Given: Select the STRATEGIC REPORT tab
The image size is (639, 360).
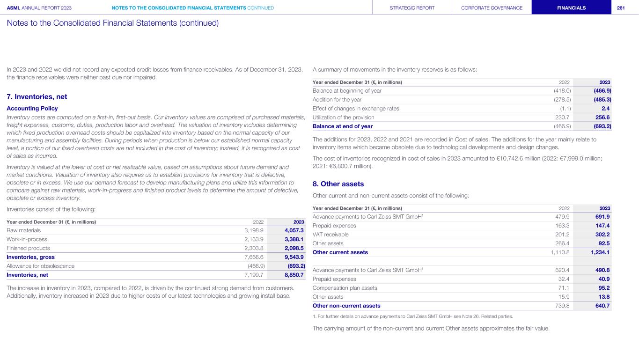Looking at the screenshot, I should [412, 8].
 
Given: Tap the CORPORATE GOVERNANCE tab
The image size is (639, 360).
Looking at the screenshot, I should [492, 8].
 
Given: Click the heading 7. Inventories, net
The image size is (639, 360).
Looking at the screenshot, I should [37, 97].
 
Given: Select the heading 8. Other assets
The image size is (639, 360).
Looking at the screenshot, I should [338, 184].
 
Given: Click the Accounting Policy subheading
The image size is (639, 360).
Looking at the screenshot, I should [32, 108].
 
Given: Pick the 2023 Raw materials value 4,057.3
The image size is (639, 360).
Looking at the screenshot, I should [294, 230].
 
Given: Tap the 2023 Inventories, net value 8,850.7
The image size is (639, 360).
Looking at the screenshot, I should [294, 275].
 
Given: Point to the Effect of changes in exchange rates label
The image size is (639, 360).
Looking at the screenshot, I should [356, 109].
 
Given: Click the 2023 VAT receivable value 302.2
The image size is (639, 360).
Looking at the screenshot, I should [601, 235].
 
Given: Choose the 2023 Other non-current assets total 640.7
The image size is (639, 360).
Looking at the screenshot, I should [601, 306].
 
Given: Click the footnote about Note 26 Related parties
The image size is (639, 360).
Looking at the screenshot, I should [412, 316].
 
